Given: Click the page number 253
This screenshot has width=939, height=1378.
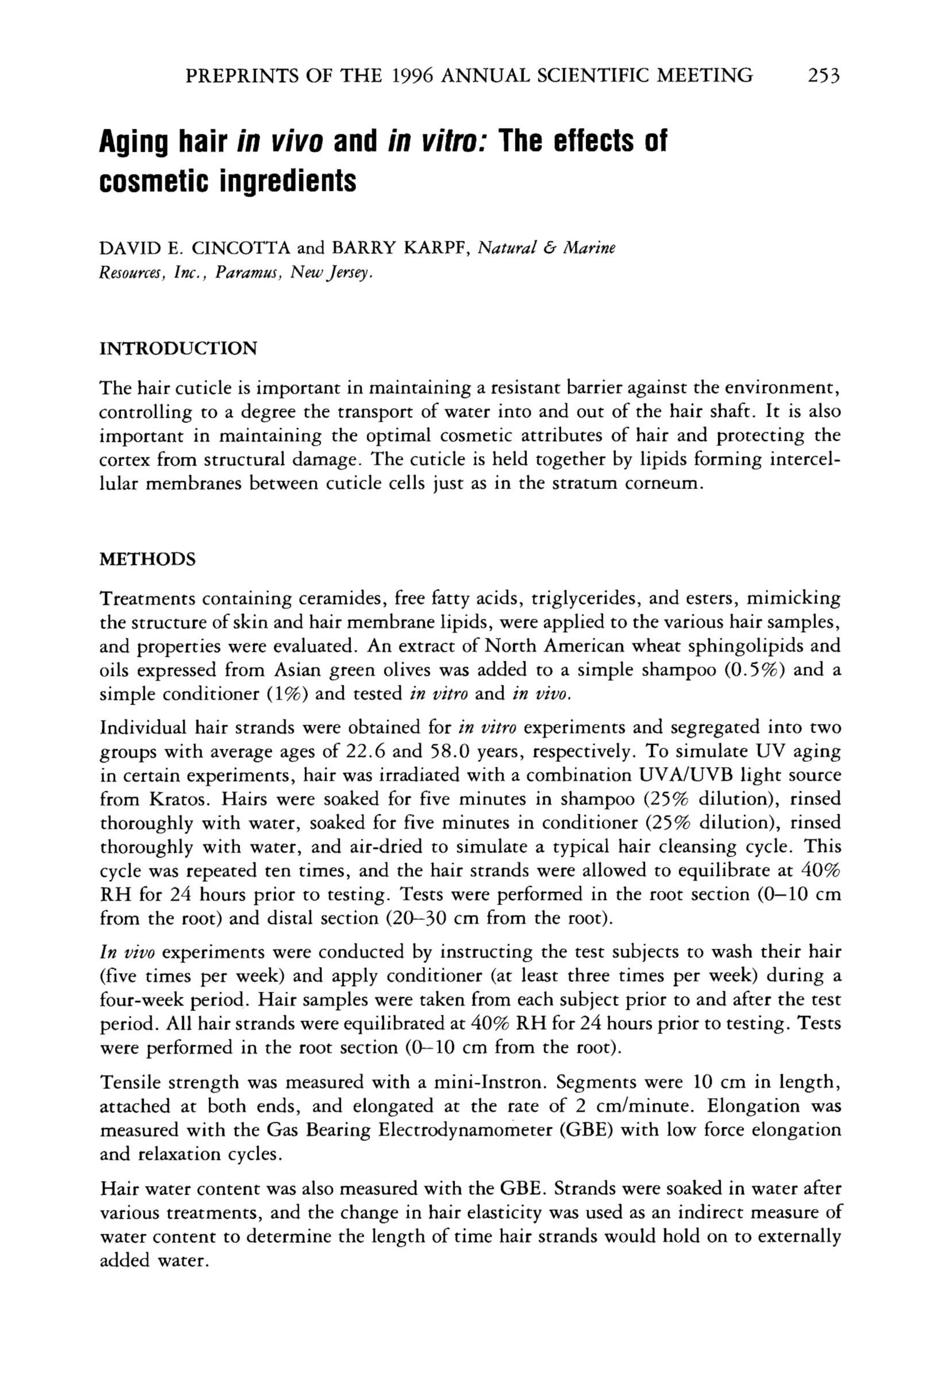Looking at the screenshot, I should [x=824, y=76].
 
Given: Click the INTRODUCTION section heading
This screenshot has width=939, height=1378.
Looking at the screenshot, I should [x=178, y=348].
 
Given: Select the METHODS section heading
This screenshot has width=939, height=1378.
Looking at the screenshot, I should [x=147, y=559].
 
